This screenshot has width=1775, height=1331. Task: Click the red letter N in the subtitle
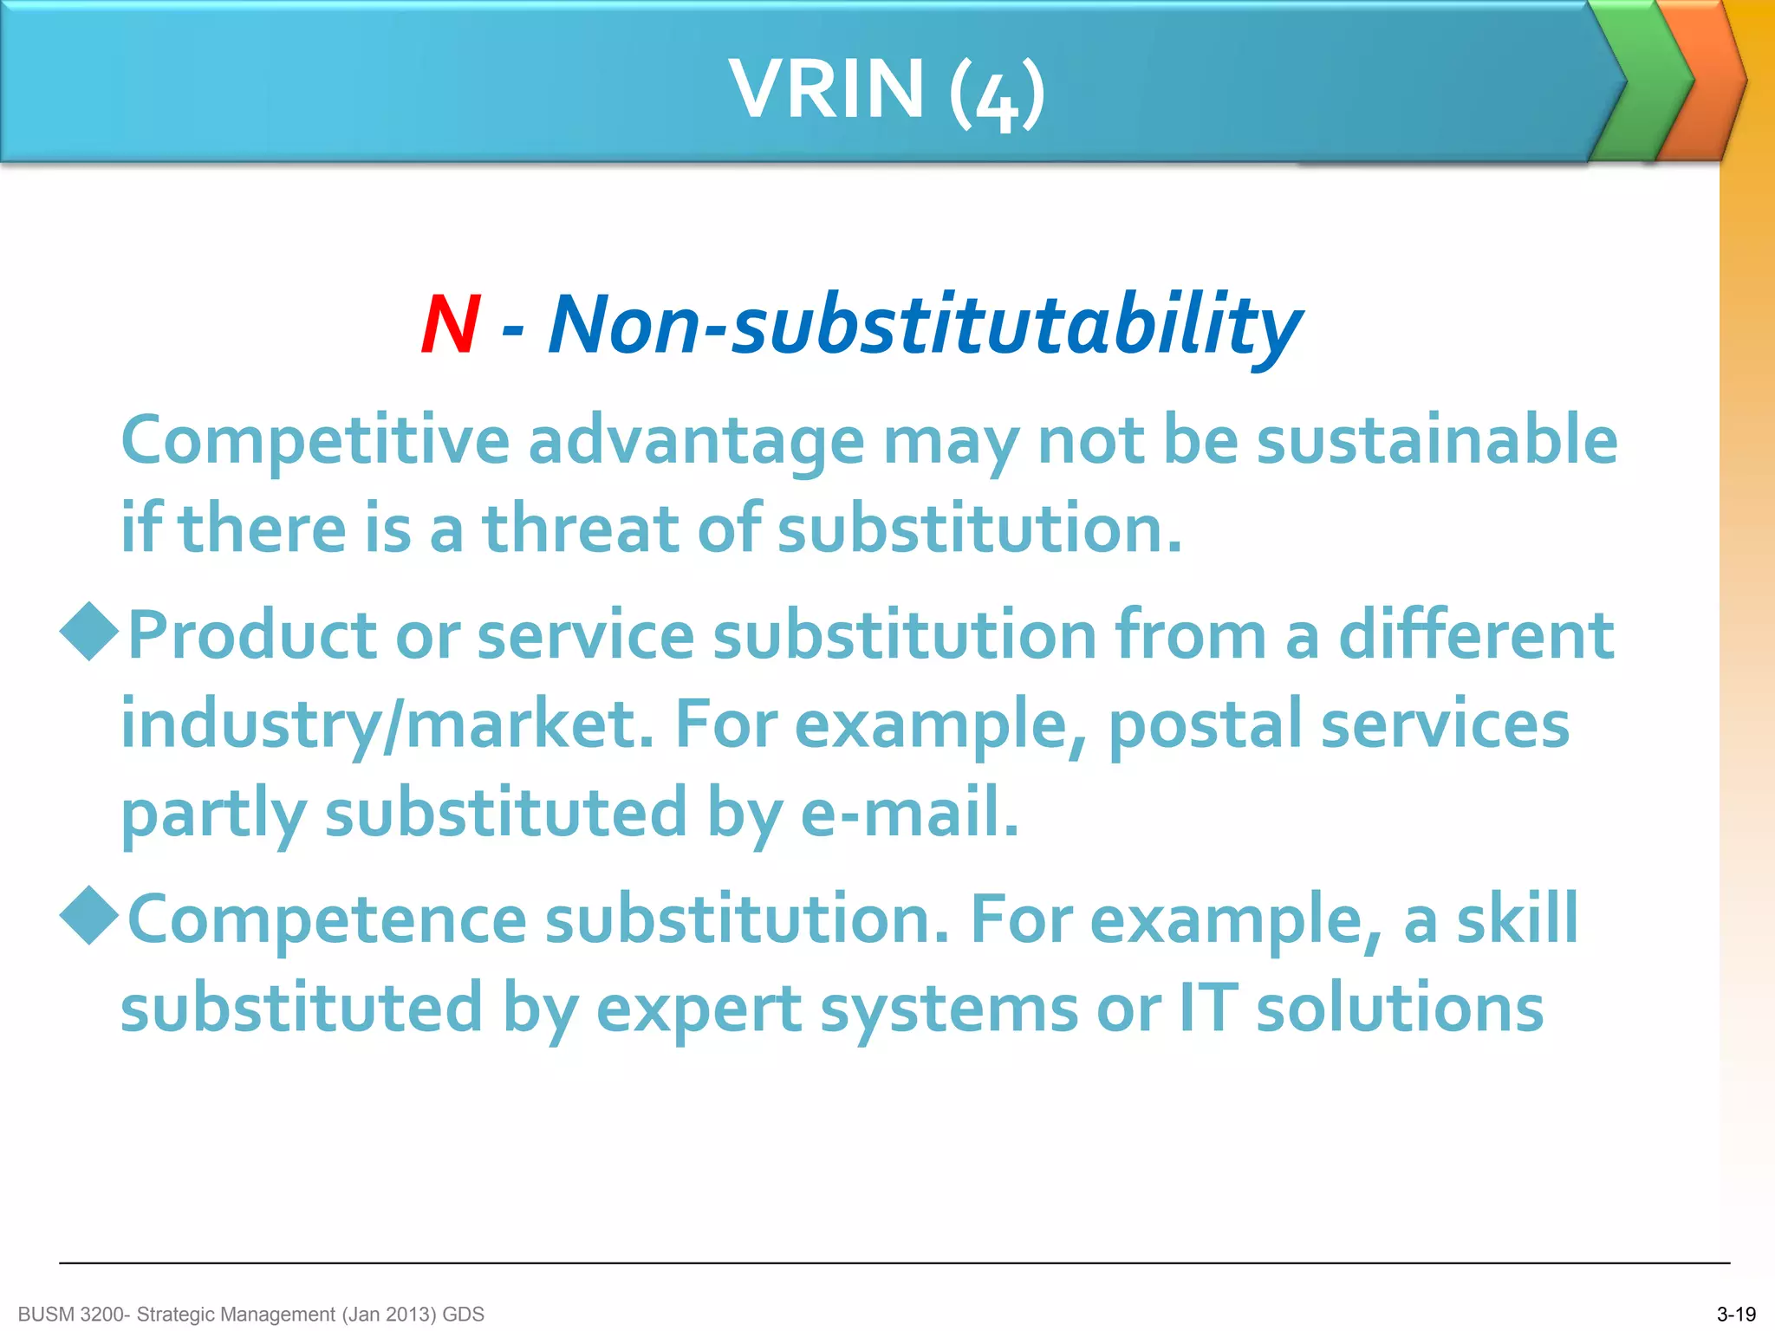[x=450, y=325]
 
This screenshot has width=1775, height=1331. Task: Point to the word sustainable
[x=1437, y=440]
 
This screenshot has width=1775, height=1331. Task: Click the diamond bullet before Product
[x=89, y=632]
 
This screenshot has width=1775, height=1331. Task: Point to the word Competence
[x=327, y=919]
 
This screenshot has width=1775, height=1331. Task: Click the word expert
[x=699, y=1010]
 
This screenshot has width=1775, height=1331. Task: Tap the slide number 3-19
[x=1736, y=1315]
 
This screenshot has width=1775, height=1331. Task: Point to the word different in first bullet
[x=1475, y=635]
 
